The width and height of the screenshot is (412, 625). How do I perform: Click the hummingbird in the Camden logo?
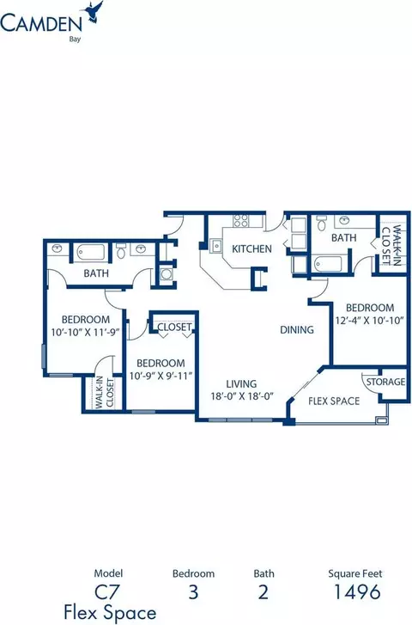(x=93, y=11)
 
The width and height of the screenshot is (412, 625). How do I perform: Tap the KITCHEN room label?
(x=251, y=249)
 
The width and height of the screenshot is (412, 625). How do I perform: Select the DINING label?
(x=297, y=329)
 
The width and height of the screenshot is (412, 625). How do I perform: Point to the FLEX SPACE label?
(x=334, y=401)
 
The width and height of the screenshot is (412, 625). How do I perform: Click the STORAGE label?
(x=385, y=382)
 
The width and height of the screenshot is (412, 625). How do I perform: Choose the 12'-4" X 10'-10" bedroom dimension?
(x=370, y=320)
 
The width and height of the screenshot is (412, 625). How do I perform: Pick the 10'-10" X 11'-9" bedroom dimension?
(x=86, y=332)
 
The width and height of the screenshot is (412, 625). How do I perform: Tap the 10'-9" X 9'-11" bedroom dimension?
(x=161, y=376)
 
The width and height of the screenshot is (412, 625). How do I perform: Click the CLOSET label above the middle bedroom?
(x=174, y=328)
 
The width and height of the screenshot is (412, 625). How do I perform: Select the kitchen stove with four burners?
(x=241, y=221)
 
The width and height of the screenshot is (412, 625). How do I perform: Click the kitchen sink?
(x=216, y=246)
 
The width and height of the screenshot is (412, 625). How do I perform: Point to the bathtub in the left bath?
(x=91, y=252)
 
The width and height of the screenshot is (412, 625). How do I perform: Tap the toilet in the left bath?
(x=121, y=251)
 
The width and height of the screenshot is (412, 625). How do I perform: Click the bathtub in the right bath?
(x=328, y=263)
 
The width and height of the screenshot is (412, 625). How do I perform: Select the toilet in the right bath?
(x=322, y=223)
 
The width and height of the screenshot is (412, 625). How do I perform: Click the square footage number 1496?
(x=357, y=592)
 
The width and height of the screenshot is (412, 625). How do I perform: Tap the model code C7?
(x=107, y=592)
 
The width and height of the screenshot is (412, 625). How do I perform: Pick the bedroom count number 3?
(x=193, y=592)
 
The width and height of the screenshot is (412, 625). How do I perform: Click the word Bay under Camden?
(x=75, y=40)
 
